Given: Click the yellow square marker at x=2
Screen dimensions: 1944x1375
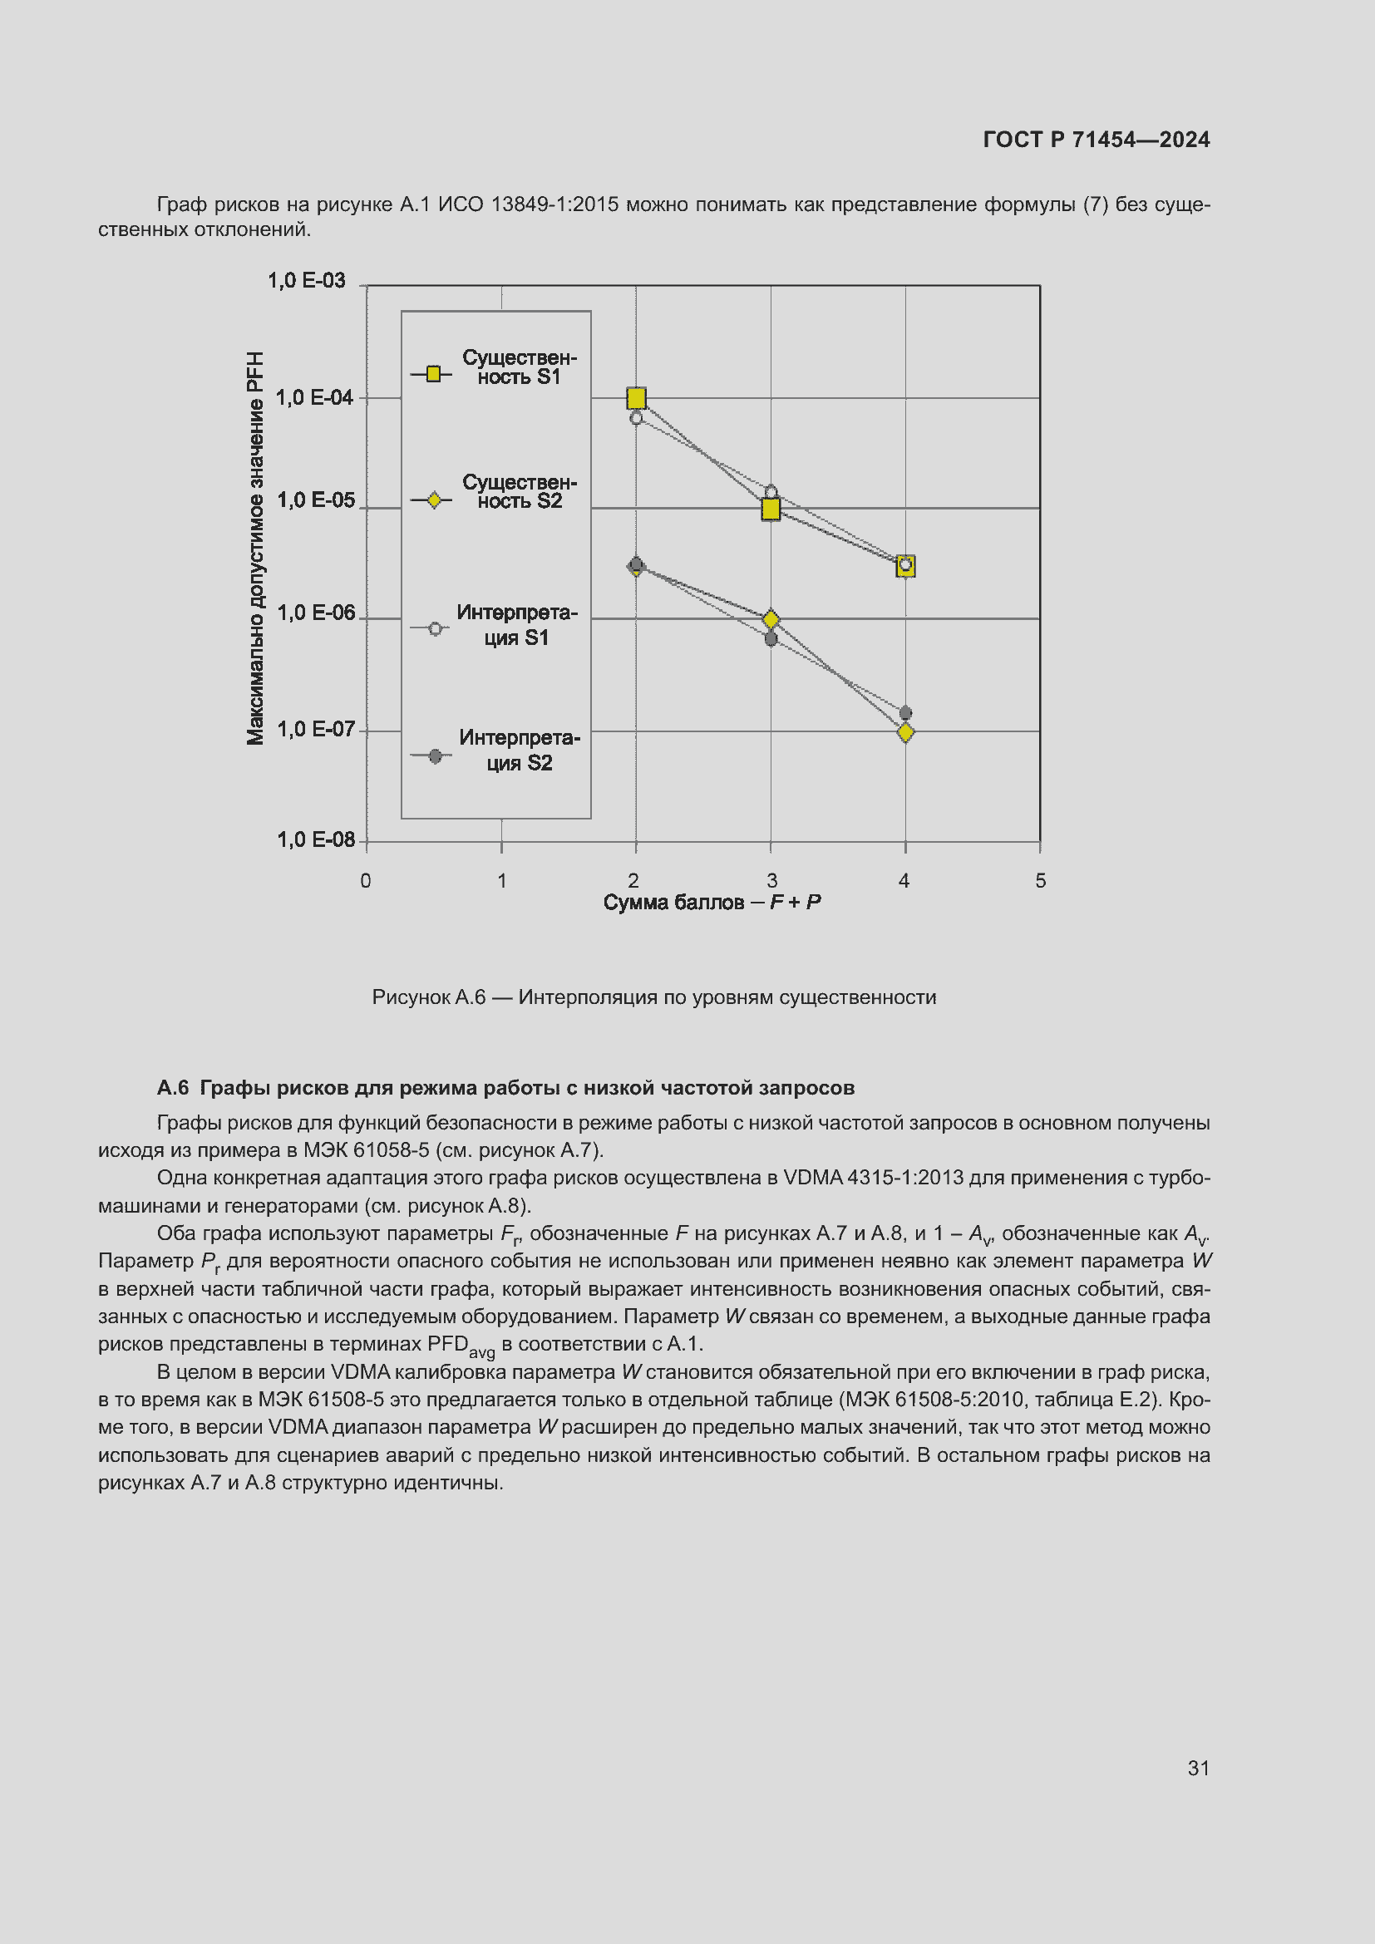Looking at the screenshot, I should pos(636,398).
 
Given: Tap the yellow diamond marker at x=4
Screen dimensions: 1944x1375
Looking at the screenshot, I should pos(905,732).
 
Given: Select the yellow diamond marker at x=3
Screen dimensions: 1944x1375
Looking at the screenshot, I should pos(771,620).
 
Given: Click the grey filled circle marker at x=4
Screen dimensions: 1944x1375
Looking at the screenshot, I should pos(905,713).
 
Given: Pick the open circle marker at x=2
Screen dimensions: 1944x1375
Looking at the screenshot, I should pos(636,418).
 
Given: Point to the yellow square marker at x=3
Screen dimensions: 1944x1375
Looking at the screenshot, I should pos(771,509).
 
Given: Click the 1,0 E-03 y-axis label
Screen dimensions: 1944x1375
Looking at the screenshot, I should pos(307,281).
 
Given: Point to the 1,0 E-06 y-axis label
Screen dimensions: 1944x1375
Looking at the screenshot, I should pos(316,613).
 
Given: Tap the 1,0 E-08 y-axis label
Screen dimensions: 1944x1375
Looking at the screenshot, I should pos(316,840).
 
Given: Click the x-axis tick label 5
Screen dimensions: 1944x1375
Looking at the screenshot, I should pos(1041,881).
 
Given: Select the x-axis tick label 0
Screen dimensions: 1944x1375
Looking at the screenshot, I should pos(366,881).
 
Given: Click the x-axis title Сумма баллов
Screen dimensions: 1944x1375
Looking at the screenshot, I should pos(712,903).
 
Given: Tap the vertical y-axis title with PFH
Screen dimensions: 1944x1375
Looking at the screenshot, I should pos(256,549).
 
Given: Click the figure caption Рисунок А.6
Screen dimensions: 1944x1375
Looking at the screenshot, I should pos(653,997).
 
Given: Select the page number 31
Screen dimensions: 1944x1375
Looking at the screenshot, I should pos(1198,1768).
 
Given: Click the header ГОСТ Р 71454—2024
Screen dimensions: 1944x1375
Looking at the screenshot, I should pos(1096,140).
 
